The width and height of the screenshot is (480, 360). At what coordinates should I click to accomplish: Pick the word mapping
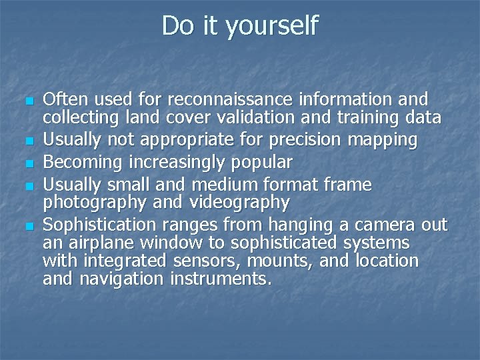(387, 141)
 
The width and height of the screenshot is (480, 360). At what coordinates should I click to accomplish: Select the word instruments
(225, 279)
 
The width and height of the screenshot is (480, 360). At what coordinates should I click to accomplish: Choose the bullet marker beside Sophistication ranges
(27, 225)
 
